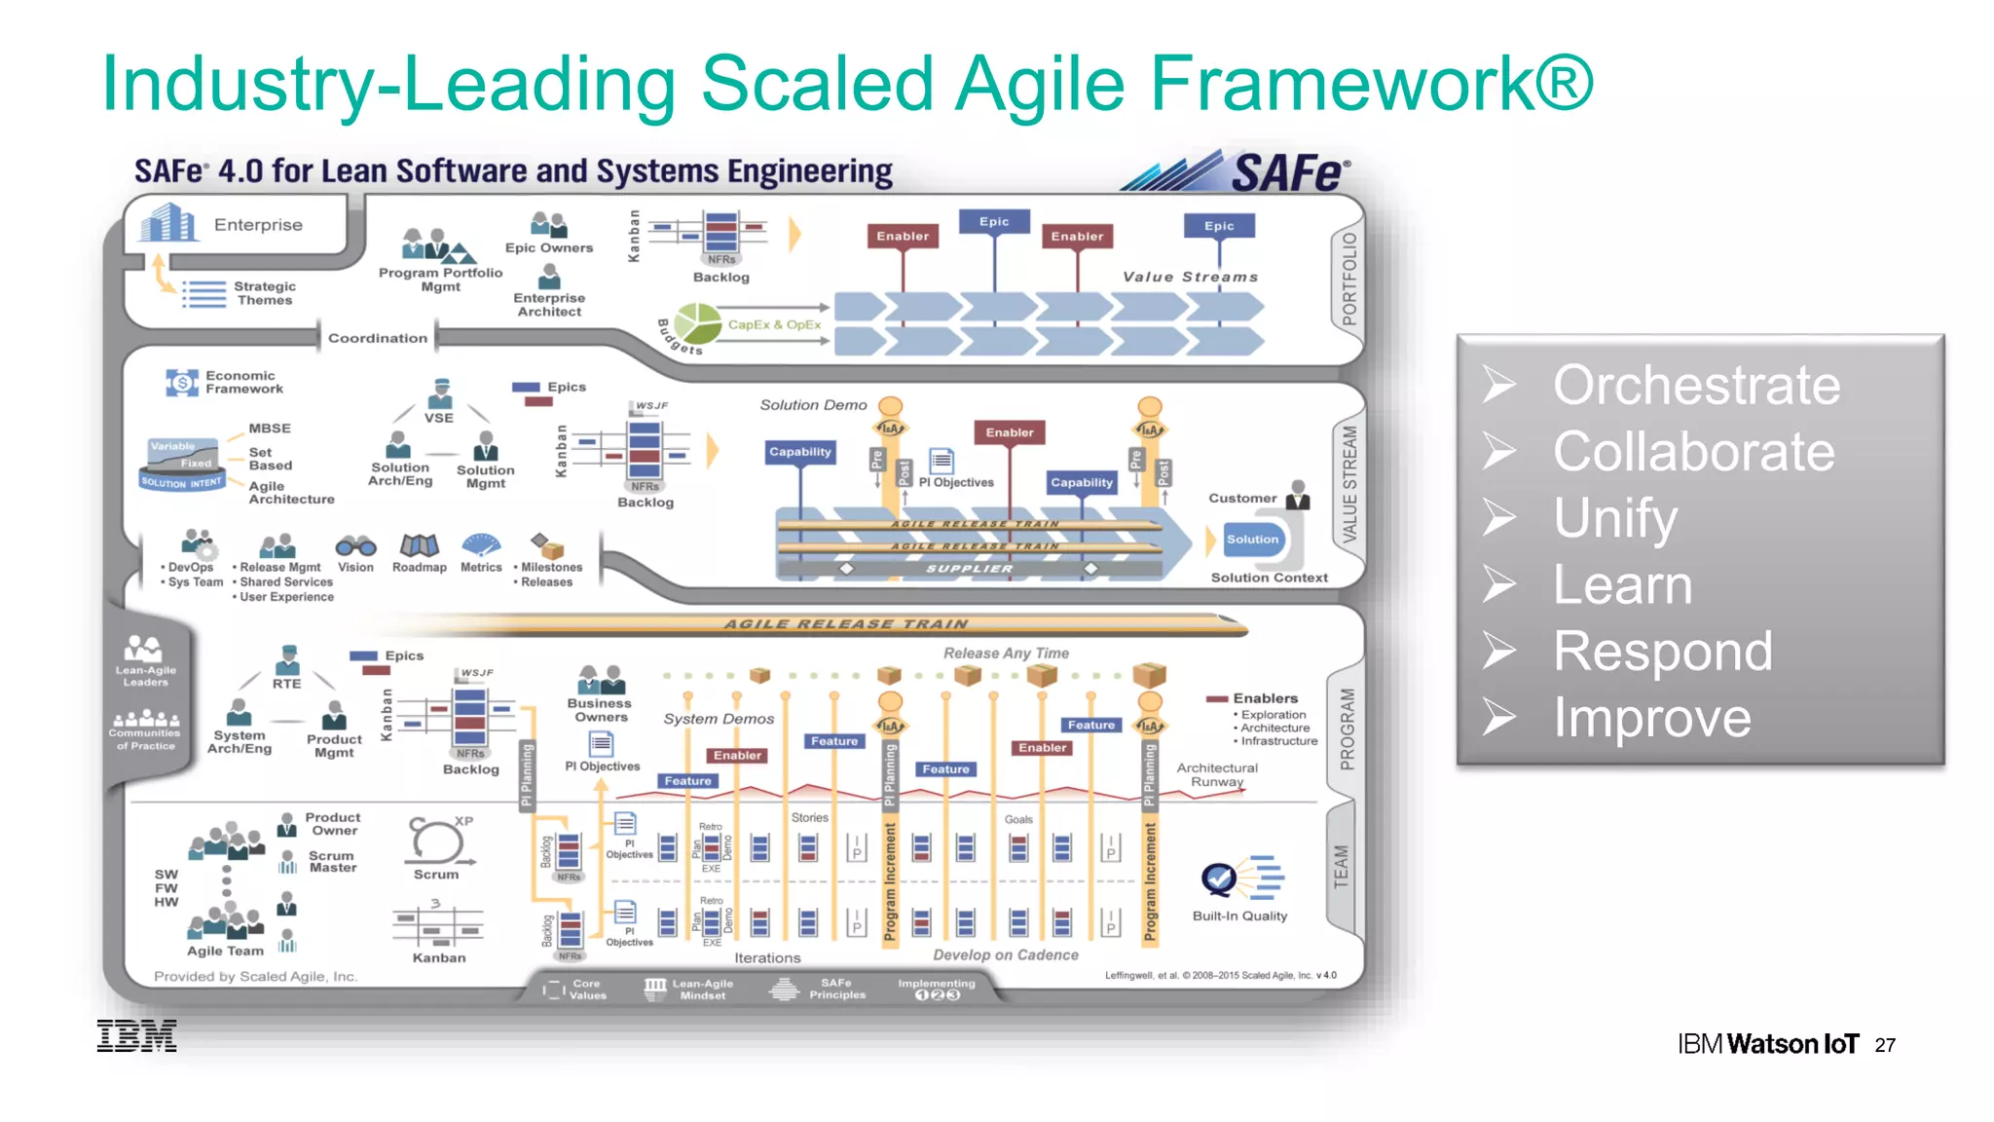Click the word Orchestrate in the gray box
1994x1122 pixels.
pos(1696,385)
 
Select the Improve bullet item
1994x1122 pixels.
pos(1651,718)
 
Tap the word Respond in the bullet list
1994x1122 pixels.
pos(1662,651)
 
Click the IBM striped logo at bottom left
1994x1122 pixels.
pos(136,1035)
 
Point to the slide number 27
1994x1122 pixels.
pos(1885,1045)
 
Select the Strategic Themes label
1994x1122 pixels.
pos(264,293)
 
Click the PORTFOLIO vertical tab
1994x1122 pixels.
pos(1348,279)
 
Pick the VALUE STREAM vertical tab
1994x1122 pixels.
pos(1348,483)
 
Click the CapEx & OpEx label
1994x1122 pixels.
pos(774,325)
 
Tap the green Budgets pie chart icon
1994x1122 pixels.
pos(697,322)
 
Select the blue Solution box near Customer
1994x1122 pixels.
pos(1252,540)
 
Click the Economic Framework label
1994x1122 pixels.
pos(243,382)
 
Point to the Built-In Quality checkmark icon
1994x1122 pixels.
pos(1219,879)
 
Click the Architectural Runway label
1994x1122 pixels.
pos(1216,774)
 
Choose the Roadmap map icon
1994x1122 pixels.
pos(420,545)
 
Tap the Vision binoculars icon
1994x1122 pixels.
pos(355,545)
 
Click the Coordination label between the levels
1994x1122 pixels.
pos(377,338)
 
